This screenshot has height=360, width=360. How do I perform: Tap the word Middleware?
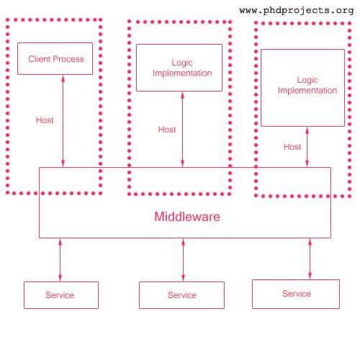[x=187, y=217]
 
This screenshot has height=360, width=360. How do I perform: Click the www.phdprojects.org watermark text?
[x=297, y=11]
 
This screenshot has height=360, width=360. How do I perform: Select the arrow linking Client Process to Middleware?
[x=63, y=121]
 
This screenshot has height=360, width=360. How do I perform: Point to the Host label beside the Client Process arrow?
[x=45, y=120]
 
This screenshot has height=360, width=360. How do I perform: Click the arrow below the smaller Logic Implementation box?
[x=182, y=130]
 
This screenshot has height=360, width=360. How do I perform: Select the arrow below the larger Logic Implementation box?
[x=307, y=147]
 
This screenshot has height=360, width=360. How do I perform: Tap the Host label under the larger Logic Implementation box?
[x=292, y=147]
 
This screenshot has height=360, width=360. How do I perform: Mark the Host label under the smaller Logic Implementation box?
[x=167, y=130]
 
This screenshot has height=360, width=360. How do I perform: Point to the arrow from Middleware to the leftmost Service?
[x=60, y=260]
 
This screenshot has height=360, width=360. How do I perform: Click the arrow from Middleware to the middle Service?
[x=183, y=260]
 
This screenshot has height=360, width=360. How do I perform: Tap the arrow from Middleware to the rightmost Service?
[x=310, y=259]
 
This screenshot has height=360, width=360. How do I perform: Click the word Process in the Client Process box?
[x=68, y=59]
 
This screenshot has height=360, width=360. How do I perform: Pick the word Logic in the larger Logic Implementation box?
[x=307, y=80]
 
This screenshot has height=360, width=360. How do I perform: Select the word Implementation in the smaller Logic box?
[x=182, y=73]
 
